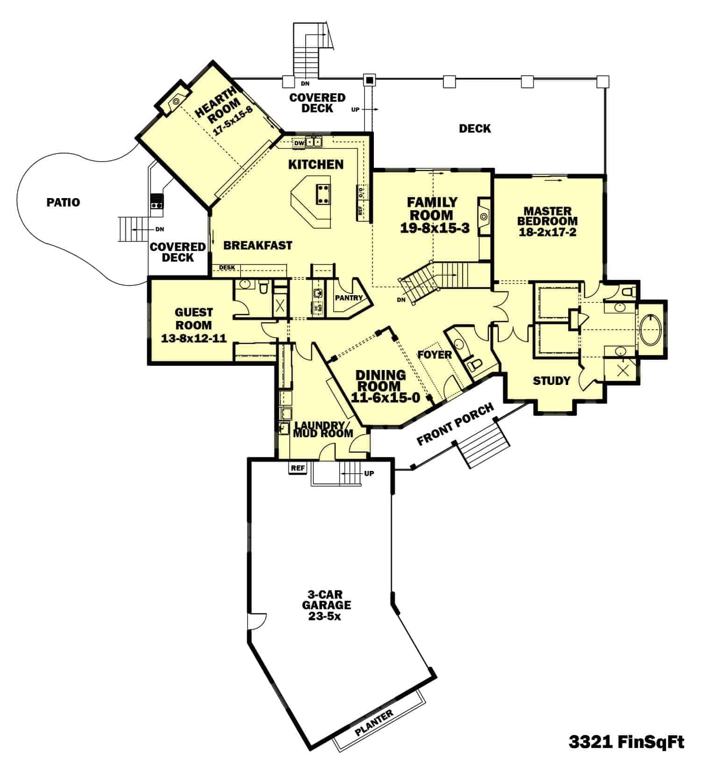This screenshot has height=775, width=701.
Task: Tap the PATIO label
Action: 63,202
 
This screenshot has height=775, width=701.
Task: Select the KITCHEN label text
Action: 316,164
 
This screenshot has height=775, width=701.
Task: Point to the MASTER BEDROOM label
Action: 547,216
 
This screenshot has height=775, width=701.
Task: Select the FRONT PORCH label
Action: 455,424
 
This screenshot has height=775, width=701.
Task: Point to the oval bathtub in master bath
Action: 650,329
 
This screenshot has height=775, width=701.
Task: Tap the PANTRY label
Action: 349,298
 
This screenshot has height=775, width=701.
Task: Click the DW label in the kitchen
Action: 300,143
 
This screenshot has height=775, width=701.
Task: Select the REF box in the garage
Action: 298,468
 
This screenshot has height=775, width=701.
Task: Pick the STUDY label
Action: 551,381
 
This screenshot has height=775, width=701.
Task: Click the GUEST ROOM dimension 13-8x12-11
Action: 193,338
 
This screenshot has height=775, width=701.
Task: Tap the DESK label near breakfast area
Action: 227,268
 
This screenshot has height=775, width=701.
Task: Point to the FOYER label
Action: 435,355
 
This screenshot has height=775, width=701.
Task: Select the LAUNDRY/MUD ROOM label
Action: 323,429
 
